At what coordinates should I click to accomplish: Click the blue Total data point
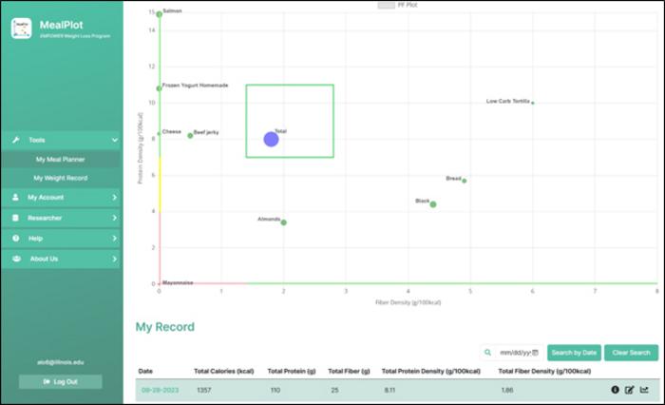tap(271, 139)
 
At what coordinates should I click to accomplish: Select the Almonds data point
tap(283, 222)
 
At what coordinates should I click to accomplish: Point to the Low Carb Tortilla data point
tap(532, 103)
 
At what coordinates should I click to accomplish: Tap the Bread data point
tap(464, 181)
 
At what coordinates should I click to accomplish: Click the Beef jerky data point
tap(190, 135)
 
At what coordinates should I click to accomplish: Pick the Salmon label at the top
tap(173, 11)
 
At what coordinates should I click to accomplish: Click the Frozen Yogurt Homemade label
tap(196, 86)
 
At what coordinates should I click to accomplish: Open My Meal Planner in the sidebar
tap(61, 160)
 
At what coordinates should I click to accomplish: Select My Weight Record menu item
tap(61, 178)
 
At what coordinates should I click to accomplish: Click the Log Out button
tap(61, 381)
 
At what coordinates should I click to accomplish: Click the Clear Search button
tap(631, 353)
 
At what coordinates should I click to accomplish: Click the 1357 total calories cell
tap(204, 390)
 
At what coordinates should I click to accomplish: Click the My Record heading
tap(165, 327)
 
